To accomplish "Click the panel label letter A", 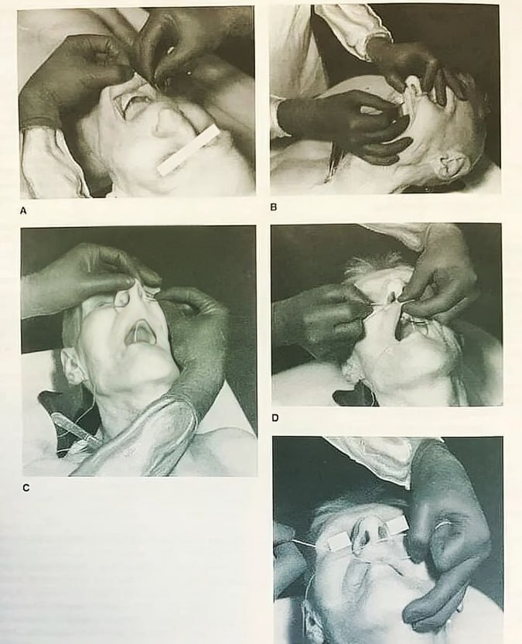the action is (23, 211).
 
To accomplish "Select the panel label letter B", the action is (274, 207).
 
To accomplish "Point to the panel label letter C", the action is (26, 488).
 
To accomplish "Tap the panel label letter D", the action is (275, 418).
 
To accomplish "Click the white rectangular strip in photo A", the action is (189, 150).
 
